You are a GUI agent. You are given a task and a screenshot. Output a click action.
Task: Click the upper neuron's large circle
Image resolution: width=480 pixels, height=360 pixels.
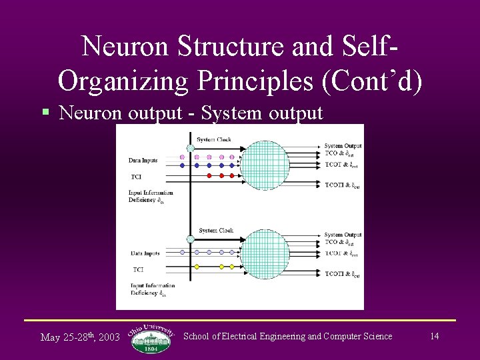(264, 165)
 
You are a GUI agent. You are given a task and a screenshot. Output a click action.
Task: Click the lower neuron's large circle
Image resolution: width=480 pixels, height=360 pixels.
(264, 255)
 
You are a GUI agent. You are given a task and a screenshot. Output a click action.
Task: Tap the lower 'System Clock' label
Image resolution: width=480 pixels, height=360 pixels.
(216, 231)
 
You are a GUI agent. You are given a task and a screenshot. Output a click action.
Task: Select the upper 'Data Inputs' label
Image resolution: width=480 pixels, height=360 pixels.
(144, 161)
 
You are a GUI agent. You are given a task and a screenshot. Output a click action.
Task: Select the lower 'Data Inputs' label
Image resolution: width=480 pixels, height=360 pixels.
(145, 253)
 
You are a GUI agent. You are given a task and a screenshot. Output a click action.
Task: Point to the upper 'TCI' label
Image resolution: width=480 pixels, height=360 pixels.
(136, 177)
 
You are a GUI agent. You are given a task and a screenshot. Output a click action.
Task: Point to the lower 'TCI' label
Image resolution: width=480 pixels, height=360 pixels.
(138, 269)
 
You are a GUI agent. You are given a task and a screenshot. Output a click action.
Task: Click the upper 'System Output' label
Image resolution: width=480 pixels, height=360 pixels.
(343, 146)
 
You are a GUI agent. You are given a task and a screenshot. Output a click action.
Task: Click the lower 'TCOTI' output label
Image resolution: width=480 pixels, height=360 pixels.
(342, 275)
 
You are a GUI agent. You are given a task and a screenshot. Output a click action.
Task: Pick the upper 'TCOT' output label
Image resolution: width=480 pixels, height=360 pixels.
(341, 164)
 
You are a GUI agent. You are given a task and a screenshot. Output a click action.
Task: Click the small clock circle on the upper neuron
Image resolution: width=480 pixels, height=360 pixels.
(191, 148)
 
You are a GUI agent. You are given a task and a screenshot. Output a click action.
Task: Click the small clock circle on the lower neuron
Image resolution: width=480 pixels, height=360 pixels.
(191, 239)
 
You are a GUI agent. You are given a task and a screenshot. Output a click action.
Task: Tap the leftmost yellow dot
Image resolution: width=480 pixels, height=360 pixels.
(197, 266)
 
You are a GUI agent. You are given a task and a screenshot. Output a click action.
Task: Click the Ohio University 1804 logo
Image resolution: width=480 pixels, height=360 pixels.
(151, 337)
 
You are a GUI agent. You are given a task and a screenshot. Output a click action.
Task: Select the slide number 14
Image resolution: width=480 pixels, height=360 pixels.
(434, 336)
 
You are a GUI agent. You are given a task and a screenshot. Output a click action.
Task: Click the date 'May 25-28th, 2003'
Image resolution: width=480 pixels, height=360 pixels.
(80, 337)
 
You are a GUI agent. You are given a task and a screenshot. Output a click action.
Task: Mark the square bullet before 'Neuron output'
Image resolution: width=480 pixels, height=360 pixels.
(45, 113)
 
